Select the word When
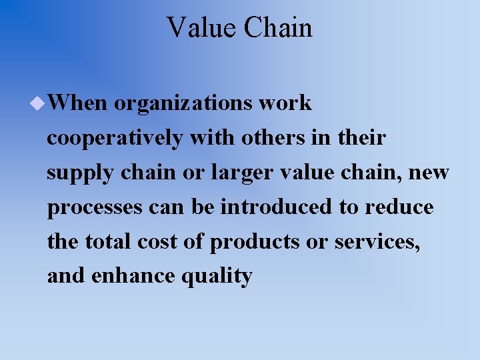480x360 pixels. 77,103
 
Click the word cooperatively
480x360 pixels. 115,139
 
